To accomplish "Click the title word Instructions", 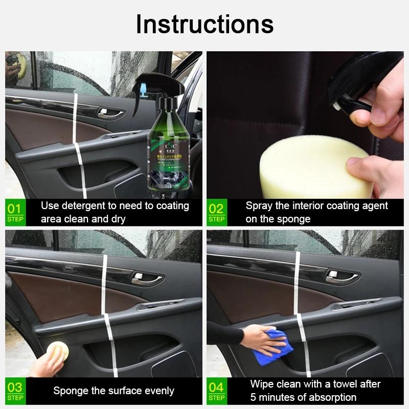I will tap(204, 24).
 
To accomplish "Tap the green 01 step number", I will tap(15, 208).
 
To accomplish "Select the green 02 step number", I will tap(216, 208).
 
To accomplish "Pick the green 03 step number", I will tap(15, 387).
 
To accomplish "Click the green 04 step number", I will tap(216, 387).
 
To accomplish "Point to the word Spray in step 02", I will tap(259, 206).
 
